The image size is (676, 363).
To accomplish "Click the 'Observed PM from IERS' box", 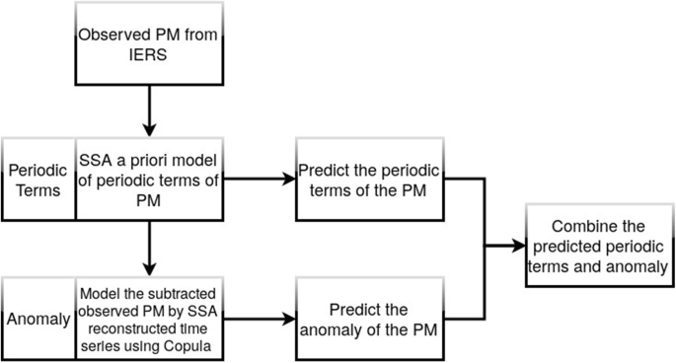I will [147, 43].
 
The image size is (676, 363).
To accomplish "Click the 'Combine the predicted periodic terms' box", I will [598, 246].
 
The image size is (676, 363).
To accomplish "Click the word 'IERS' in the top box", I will [147, 54].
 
